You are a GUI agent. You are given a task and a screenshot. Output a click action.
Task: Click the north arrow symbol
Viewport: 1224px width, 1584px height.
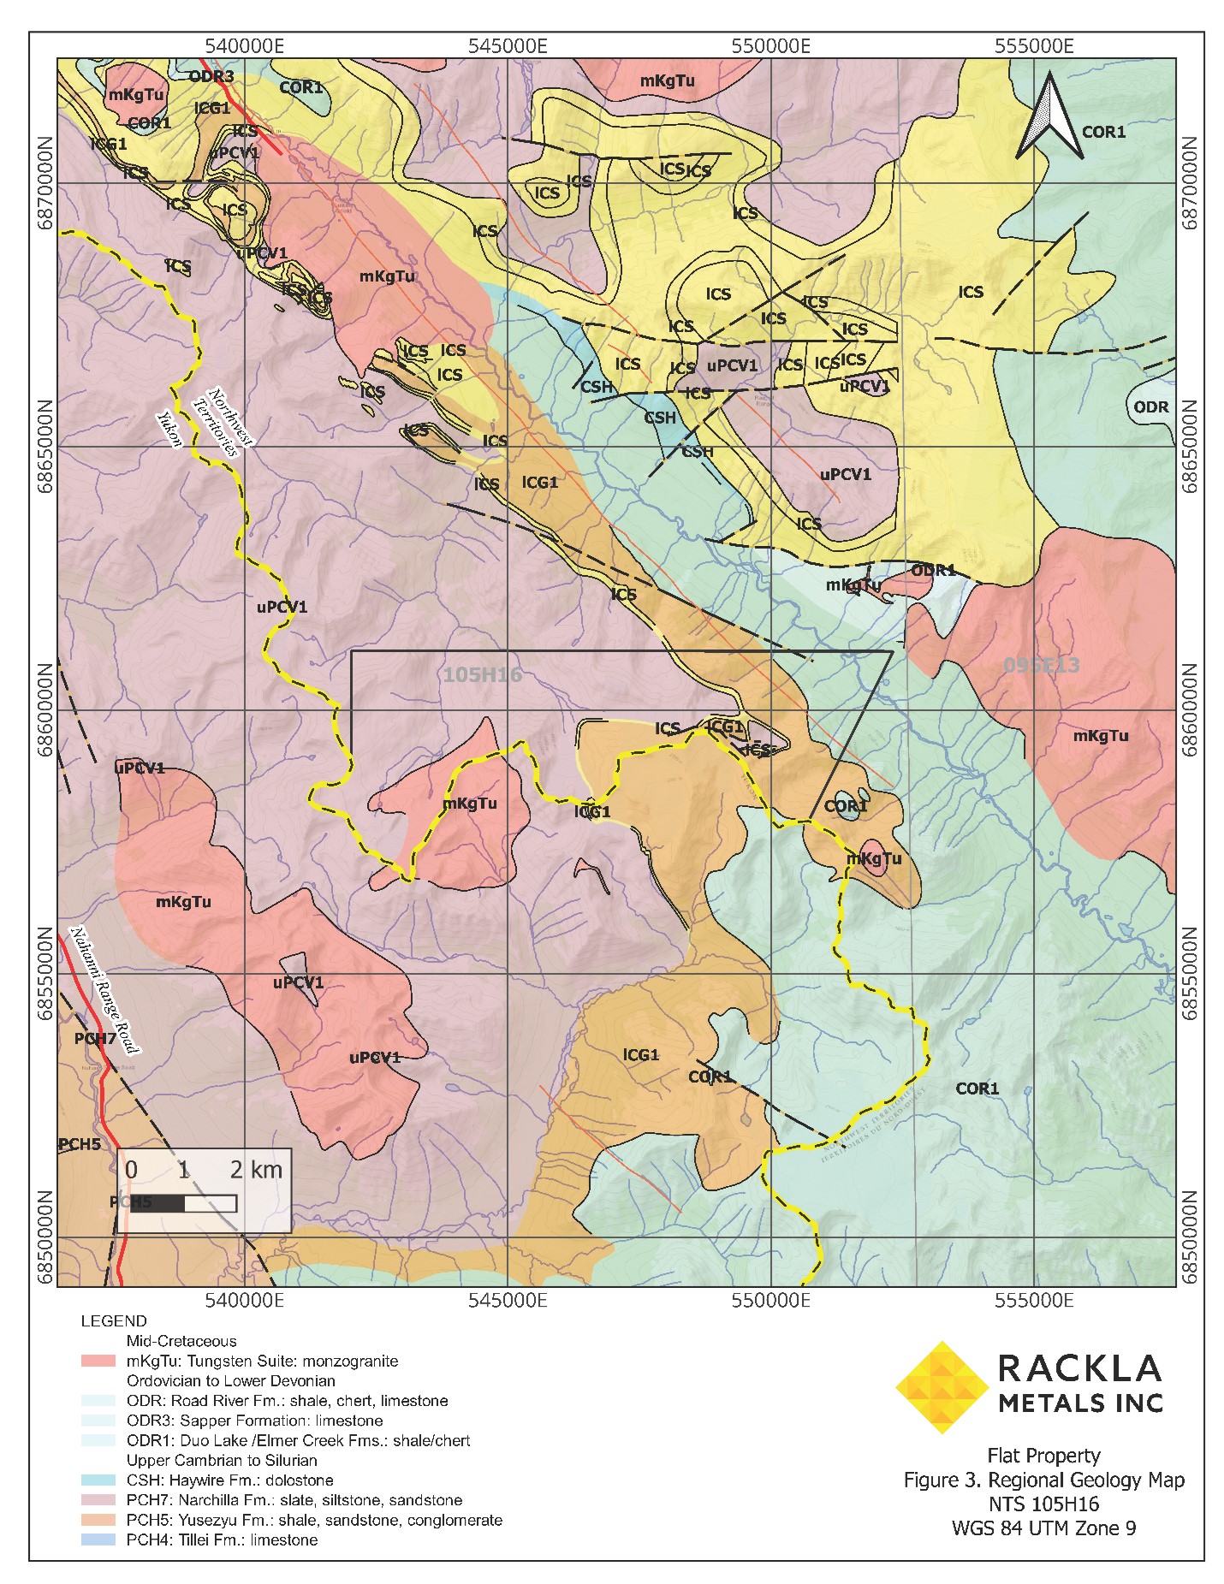(x=1049, y=116)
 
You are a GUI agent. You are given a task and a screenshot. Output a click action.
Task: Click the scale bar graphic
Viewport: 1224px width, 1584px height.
(x=178, y=1203)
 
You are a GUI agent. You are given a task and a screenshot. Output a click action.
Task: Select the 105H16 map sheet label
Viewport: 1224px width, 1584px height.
(x=482, y=675)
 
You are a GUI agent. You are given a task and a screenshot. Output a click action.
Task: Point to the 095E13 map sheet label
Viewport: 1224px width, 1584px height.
(x=1041, y=665)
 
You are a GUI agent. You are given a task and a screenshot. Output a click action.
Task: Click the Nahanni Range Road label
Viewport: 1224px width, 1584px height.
(x=104, y=990)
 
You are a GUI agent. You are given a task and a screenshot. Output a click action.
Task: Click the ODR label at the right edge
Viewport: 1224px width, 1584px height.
(x=1150, y=407)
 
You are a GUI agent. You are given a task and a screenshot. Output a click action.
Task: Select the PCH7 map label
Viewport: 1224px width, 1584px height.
(x=94, y=1039)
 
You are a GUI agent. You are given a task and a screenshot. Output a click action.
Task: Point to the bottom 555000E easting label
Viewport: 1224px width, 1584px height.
(x=1033, y=1301)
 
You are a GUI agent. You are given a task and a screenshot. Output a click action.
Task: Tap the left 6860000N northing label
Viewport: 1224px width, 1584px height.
(x=44, y=710)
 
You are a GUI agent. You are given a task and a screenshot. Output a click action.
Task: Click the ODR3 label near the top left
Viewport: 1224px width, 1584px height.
(x=211, y=76)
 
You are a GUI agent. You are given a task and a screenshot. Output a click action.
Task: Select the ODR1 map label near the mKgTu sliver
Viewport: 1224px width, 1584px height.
(x=933, y=570)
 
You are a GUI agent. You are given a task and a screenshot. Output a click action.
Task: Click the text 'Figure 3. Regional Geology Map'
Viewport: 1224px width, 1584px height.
(x=1043, y=1480)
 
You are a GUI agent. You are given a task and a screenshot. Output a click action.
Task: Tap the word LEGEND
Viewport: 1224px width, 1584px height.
(x=113, y=1321)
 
